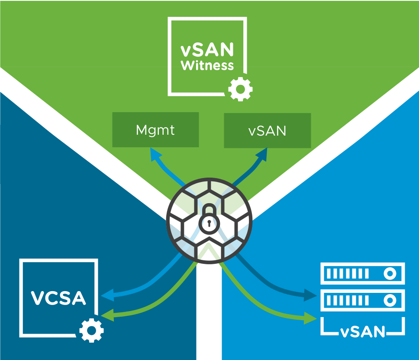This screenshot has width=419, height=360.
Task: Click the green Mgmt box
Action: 155,130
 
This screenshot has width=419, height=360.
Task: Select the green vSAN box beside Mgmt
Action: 267,130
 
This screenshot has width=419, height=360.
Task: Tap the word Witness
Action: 207,66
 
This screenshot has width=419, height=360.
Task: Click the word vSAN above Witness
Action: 207,50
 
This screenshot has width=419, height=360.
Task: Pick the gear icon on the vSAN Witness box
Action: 240,89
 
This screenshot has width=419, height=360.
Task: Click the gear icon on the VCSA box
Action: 91,331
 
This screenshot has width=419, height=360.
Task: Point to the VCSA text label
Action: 58,298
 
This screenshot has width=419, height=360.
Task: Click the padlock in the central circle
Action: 209,219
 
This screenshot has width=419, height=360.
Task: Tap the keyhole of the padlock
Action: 209,224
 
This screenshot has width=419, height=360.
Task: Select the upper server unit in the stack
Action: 362,274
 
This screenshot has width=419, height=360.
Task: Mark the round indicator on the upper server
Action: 390,274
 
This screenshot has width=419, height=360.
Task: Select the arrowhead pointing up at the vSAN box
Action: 263,154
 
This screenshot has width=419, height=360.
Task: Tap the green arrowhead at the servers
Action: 311,318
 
